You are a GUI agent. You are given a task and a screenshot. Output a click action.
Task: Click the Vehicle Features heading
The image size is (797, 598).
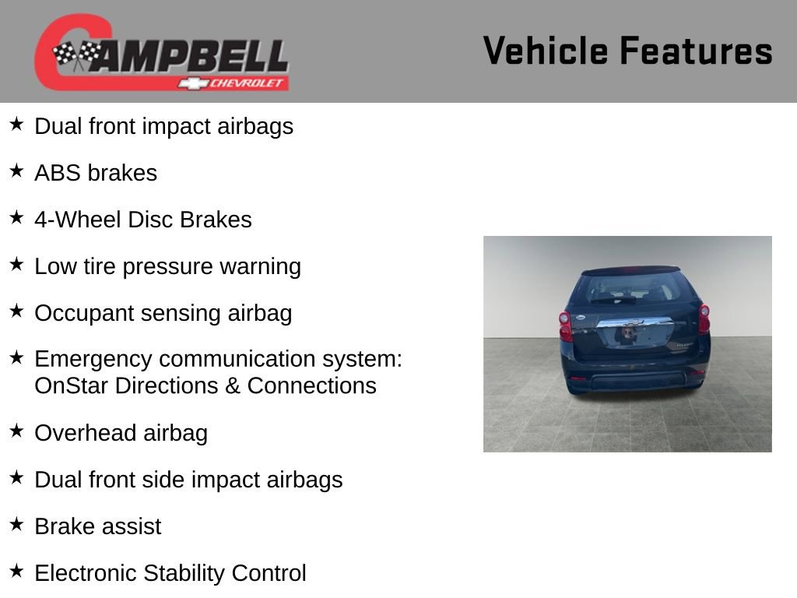point(627,51)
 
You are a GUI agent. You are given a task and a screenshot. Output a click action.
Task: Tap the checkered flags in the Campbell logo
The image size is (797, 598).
point(77,55)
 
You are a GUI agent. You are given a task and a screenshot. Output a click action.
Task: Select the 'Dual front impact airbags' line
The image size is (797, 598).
point(163,126)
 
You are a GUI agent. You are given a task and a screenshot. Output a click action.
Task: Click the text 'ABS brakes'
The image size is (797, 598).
point(96,173)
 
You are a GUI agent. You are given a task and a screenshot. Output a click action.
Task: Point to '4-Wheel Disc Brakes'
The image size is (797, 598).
point(143,220)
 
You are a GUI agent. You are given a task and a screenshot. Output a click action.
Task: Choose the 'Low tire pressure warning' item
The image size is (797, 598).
point(167,266)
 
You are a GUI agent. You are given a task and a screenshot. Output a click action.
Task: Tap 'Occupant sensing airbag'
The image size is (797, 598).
point(163,313)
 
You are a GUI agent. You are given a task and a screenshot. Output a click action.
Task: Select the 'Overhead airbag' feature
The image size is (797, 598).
point(121,433)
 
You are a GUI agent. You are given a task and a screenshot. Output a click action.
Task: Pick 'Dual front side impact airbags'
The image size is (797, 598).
point(188,480)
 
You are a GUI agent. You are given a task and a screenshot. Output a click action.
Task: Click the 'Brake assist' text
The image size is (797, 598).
point(98,526)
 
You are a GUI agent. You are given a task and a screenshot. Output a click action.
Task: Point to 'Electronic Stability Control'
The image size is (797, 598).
point(170,573)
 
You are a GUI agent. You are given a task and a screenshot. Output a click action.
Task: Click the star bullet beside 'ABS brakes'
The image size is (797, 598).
point(17,171)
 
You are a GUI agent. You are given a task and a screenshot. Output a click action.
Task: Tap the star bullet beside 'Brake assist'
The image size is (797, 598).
point(17,525)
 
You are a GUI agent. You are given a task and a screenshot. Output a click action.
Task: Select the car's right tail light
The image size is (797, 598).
point(704,318)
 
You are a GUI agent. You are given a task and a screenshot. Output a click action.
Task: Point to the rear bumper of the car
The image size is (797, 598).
point(634,381)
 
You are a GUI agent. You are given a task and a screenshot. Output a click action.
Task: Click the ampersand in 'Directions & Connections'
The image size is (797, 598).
point(231,385)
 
